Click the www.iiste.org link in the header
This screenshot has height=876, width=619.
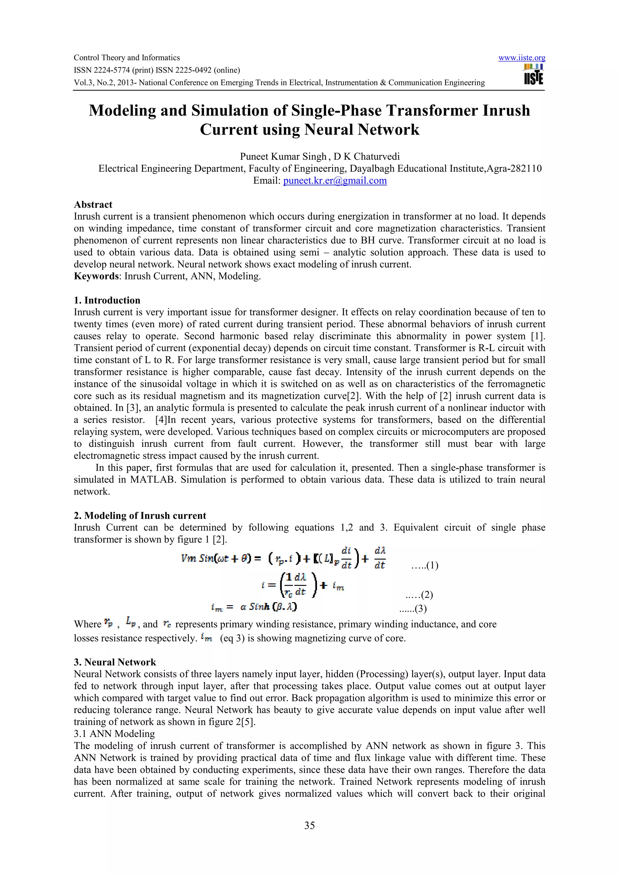(x=521, y=58)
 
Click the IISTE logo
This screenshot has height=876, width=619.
(x=533, y=74)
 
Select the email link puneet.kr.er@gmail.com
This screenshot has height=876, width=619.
(x=335, y=180)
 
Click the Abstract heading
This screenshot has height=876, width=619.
(x=93, y=205)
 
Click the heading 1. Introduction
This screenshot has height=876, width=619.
(x=107, y=300)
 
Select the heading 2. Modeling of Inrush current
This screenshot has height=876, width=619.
(x=140, y=515)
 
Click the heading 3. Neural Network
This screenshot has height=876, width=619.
(x=115, y=662)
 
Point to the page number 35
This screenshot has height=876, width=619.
(x=309, y=825)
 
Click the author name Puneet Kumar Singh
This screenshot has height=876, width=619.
(x=283, y=157)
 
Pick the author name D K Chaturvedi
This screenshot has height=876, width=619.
(x=367, y=157)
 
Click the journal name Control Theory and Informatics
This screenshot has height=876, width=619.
(x=127, y=58)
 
